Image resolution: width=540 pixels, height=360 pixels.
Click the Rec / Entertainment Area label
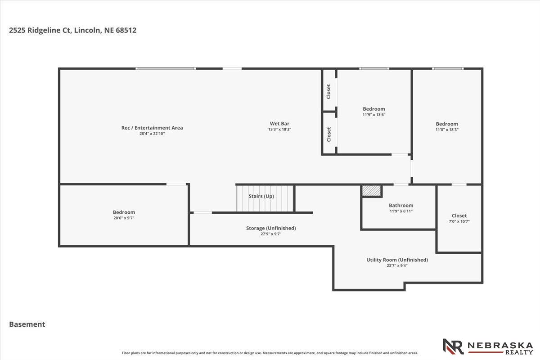152,128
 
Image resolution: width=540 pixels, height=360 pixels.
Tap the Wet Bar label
279,124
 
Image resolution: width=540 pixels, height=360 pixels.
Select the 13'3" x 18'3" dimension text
279,129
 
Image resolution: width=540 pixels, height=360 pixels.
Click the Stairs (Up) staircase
265,198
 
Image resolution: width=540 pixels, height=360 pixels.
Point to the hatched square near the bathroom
372,191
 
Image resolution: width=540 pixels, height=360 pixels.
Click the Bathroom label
401,206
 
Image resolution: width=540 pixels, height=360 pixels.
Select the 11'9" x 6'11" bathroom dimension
401,211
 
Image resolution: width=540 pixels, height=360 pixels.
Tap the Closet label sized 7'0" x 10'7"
459,216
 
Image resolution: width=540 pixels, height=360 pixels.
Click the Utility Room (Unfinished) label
397,260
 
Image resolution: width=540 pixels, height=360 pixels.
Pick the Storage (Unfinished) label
271,228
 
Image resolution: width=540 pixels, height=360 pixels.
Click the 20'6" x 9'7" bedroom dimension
124,218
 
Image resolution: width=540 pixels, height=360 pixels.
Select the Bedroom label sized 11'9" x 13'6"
374,109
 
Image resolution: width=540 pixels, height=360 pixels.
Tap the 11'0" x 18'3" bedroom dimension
447,130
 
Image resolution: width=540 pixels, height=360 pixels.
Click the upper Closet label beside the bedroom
328,91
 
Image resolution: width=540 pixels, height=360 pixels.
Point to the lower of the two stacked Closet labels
328,134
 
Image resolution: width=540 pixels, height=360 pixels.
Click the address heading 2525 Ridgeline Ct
72,30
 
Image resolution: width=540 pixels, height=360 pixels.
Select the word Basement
27,324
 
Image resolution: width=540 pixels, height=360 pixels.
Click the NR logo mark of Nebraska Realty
453,346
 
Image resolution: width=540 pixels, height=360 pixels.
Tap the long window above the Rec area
166,69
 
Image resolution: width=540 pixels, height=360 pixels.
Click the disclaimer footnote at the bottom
270,353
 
